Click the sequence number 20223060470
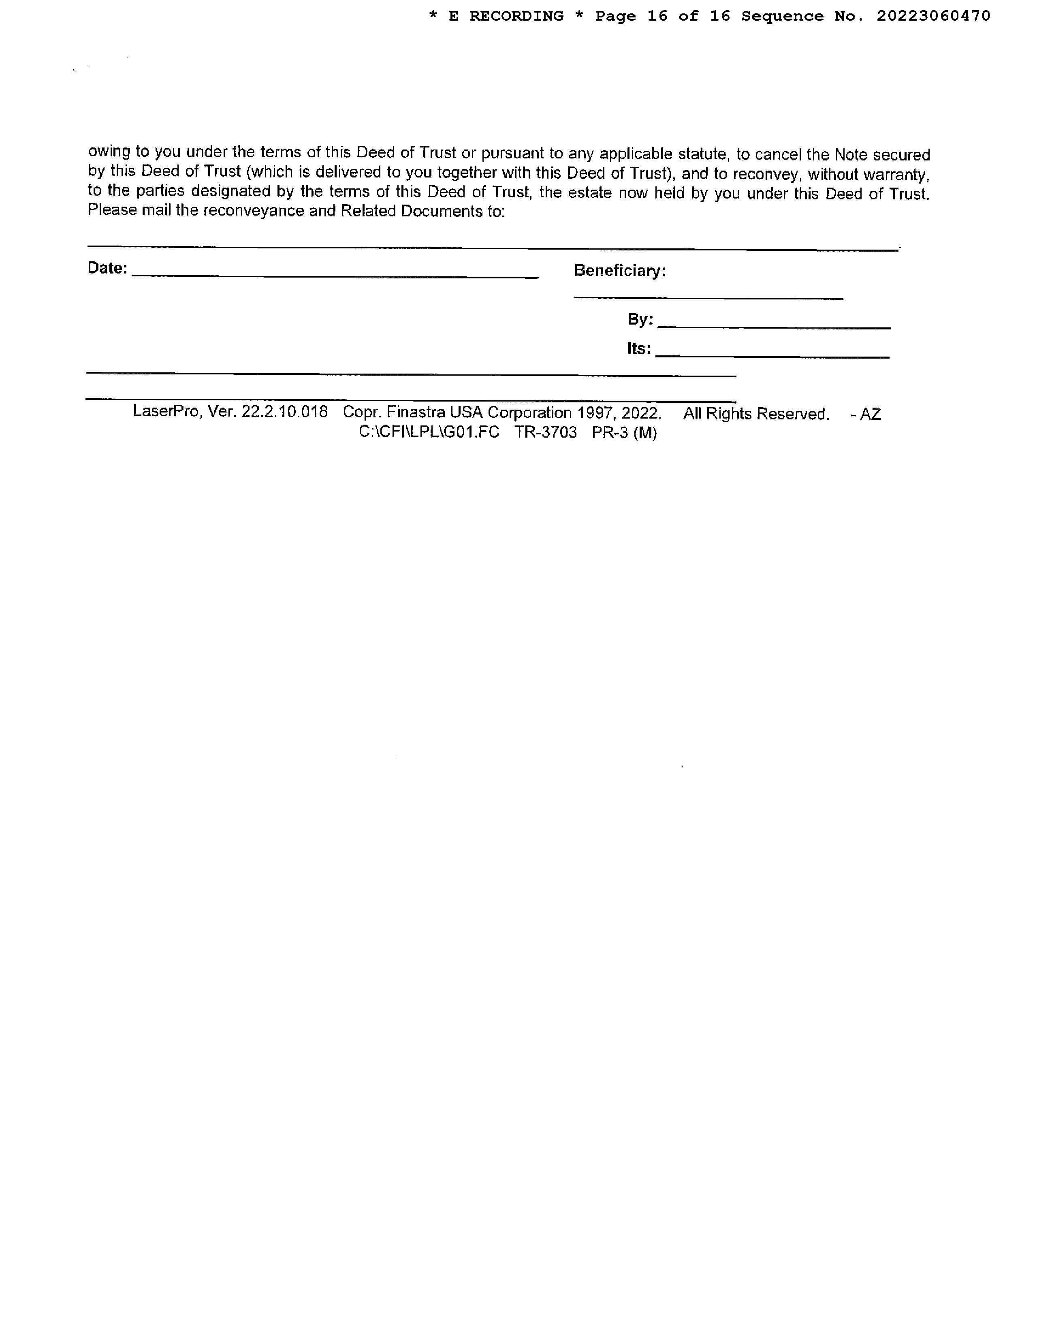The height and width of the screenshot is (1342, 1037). point(933,16)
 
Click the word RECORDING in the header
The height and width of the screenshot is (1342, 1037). point(516,16)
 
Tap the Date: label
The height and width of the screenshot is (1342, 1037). point(107,268)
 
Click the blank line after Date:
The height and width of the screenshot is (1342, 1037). point(335,276)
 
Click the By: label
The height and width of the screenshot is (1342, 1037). point(640,320)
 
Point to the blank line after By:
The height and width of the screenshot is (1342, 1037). point(774,327)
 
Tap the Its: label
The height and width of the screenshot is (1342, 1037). point(639,348)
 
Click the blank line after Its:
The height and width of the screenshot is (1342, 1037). point(772,356)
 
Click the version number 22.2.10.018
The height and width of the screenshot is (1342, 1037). point(284,412)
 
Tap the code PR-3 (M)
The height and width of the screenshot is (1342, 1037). point(624,433)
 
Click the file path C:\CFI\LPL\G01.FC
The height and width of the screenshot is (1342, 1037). point(429,432)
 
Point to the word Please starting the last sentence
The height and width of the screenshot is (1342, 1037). point(112,210)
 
